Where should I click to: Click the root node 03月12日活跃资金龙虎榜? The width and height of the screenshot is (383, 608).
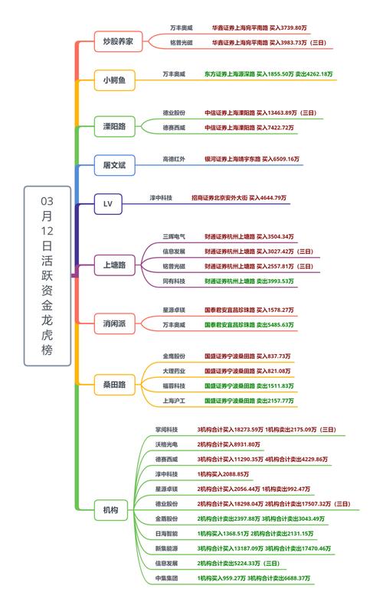click(x=47, y=275)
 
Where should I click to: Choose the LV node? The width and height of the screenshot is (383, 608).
click(x=107, y=203)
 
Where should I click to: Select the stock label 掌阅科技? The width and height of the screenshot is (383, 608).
click(x=167, y=430)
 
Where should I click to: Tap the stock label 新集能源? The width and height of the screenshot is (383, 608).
click(x=167, y=548)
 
